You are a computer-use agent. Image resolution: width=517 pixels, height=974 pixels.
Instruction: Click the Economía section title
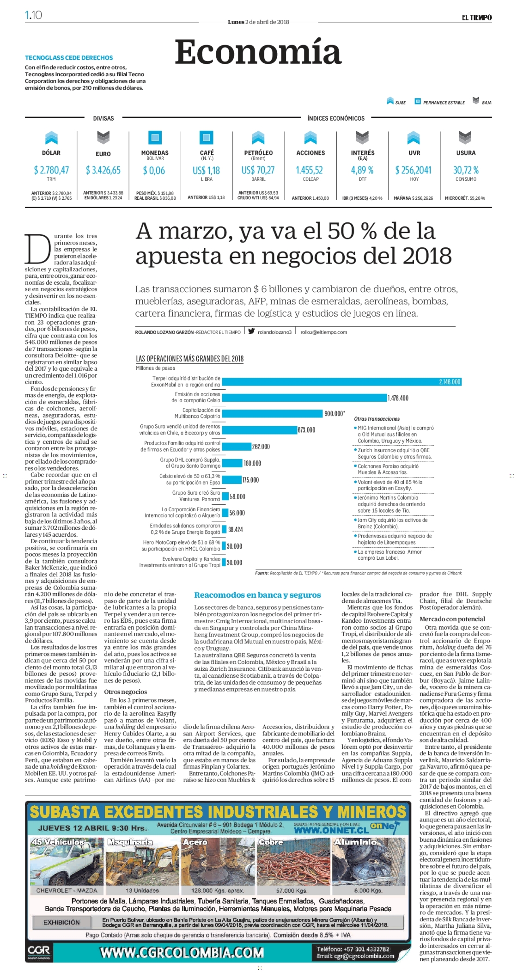click(x=258, y=52)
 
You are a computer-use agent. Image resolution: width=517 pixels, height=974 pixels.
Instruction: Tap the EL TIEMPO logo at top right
click(x=477, y=18)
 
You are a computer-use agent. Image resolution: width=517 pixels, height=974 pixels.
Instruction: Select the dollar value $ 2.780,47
click(x=51, y=170)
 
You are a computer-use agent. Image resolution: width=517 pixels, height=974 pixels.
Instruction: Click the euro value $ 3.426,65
click(x=103, y=170)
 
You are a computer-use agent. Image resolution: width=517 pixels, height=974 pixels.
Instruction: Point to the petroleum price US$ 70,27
click(x=258, y=170)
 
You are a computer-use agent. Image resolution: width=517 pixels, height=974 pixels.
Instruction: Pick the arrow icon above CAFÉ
click(x=206, y=138)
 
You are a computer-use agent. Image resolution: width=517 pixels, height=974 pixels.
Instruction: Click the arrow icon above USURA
click(x=465, y=138)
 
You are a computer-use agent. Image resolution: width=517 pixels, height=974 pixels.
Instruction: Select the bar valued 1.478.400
click(x=304, y=398)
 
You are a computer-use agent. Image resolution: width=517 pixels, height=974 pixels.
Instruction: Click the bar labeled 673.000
click(x=259, y=430)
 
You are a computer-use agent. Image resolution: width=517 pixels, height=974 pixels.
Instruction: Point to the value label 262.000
click(x=261, y=447)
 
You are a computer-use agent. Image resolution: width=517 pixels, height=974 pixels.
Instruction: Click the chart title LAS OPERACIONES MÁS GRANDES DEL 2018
click(x=189, y=359)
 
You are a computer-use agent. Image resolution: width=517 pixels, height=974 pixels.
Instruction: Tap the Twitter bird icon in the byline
click(x=251, y=331)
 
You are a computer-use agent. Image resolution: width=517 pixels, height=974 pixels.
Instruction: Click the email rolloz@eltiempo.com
click(x=323, y=332)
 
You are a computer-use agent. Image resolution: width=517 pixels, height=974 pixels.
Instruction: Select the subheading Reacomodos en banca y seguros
click(x=257, y=595)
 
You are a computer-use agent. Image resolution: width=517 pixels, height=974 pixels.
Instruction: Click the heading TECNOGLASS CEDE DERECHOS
click(x=69, y=58)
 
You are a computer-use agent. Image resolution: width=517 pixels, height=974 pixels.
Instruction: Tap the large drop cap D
click(x=37, y=249)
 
